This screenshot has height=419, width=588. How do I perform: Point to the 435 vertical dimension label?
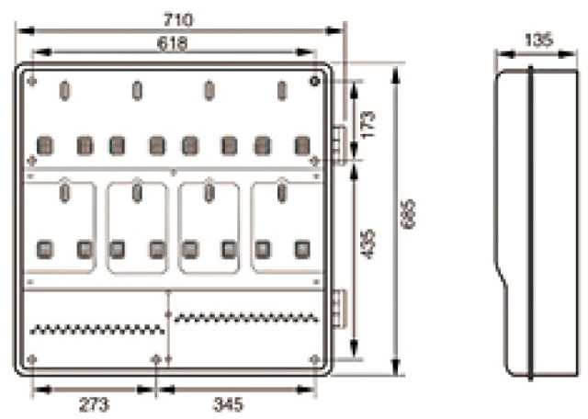click(x=369, y=243)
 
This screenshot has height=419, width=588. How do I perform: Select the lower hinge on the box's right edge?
click(x=338, y=307)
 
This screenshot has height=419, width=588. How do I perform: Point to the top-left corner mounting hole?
click(x=33, y=82)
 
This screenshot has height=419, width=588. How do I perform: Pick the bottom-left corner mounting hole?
click(x=33, y=358)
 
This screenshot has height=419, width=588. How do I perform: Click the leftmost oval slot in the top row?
click(x=64, y=90)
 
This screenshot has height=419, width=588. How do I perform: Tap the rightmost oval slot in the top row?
click(x=282, y=90)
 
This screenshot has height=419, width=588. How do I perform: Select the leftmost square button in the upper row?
click(x=43, y=144)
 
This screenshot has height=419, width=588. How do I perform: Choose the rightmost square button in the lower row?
click(x=301, y=248)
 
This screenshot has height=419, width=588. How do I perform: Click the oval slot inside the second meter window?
click(x=137, y=193)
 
